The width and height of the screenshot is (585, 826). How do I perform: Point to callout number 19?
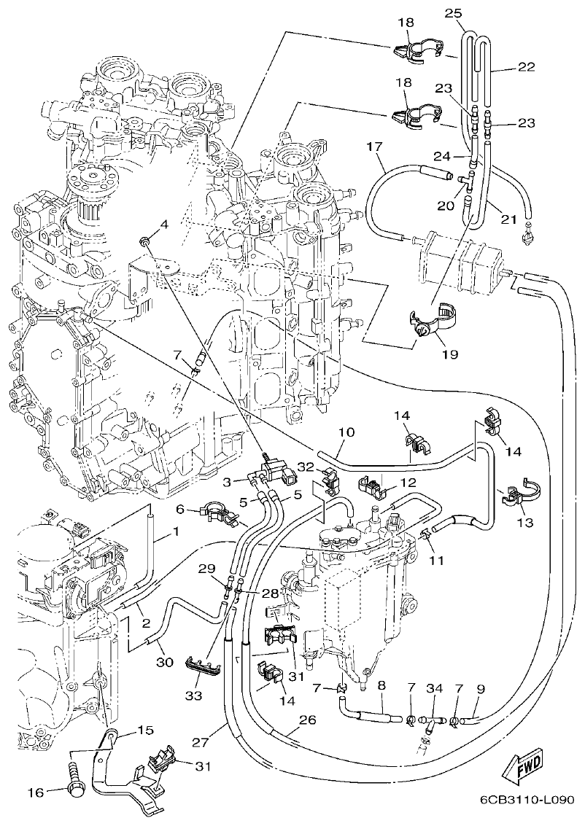(x=449, y=354)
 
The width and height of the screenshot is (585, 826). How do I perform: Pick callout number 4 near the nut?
(x=163, y=225)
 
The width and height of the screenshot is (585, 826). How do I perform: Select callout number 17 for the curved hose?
(x=374, y=147)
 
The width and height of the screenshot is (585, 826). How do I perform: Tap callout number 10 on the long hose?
(x=346, y=432)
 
